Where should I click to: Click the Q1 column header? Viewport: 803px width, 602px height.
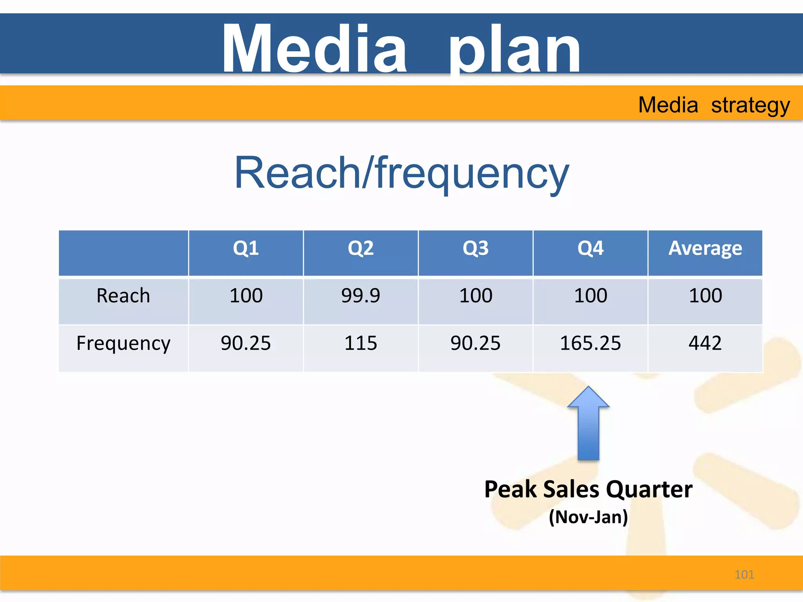(x=246, y=248)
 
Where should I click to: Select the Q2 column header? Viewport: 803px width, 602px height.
(x=361, y=248)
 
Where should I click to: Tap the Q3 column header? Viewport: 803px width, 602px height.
(x=476, y=248)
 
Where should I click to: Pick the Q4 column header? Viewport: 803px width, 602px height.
(x=590, y=248)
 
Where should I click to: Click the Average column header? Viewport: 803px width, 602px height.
(x=705, y=248)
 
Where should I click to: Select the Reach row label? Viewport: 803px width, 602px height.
(x=123, y=296)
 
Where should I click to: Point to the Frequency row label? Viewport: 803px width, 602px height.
(x=123, y=344)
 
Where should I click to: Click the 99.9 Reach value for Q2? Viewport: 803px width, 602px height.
(x=361, y=296)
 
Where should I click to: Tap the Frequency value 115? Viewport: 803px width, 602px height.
(x=361, y=343)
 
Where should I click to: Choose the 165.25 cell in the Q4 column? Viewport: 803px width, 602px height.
(x=590, y=343)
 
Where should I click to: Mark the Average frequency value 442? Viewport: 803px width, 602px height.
(x=705, y=343)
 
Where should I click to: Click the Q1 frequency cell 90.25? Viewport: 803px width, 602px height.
(x=246, y=343)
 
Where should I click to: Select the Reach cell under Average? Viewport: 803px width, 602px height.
(x=705, y=296)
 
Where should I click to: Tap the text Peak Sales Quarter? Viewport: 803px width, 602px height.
(x=588, y=490)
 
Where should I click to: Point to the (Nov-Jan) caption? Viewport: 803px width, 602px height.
(x=588, y=517)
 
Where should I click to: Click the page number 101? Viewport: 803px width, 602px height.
(x=744, y=575)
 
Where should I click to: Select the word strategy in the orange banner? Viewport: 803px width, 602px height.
(x=750, y=105)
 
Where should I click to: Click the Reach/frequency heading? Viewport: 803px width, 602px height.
(x=401, y=173)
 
